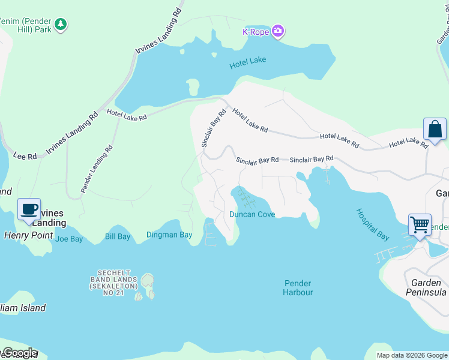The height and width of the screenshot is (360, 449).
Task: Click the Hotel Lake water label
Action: pyautogui.click(x=247, y=60)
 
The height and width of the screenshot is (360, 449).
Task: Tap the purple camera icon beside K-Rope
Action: pyautogui.click(x=277, y=31)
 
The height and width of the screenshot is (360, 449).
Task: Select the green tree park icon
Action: pyautogui.click(x=60, y=25)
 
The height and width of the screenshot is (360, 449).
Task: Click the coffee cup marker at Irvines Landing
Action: pyautogui.click(x=29, y=209)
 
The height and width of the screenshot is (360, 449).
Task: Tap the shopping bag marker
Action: pyautogui.click(x=435, y=130)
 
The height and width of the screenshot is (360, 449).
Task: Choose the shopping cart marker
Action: pyautogui.click(x=420, y=226)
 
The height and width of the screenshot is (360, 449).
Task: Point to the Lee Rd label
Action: pyautogui.click(x=24, y=156)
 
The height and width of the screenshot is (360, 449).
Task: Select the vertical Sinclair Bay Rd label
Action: pyautogui.click(x=213, y=128)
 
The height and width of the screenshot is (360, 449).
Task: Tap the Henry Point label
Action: pyautogui.click(x=29, y=235)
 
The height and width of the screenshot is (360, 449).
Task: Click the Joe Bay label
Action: pyautogui.click(x=68, y=239)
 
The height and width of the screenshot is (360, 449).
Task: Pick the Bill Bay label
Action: pyautogui.click(x=118, y=237)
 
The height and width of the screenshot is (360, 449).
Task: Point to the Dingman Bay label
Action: pyautogui.click(x=169, y=235)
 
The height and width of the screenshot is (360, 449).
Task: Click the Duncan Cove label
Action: pyautogui.click(x=252, y=214)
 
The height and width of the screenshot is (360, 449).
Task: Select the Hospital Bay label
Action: pyautogui.click(x=372, y=224)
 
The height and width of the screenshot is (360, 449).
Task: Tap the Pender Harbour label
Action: pyautogui.click(x=298, y=287)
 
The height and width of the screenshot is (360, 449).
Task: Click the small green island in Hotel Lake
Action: pyautogui.click(x=193, y=88)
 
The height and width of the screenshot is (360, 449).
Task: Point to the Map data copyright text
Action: pyautogui.click(x=412, y=355)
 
